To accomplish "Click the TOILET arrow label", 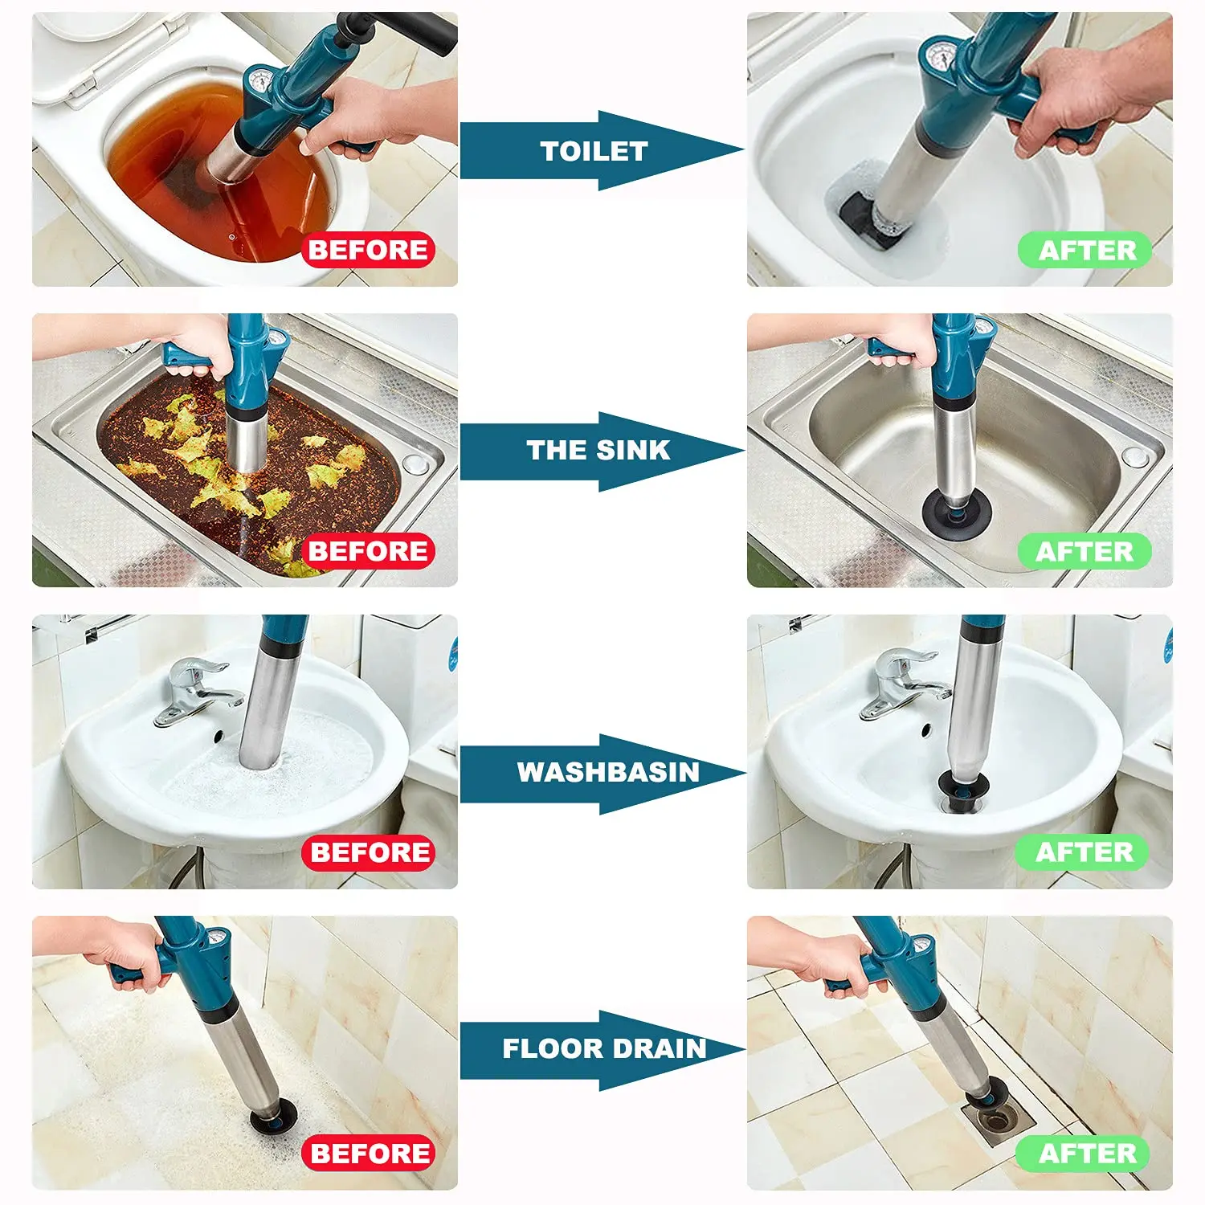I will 594,151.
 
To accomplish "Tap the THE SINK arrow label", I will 598,451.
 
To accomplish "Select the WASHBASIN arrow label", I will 607,772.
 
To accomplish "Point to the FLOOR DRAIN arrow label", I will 604,1048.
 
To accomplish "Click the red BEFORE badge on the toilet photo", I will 368,250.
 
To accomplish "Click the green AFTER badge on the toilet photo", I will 1086,250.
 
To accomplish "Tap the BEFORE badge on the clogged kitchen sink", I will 368,551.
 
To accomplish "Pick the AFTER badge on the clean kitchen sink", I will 1084,552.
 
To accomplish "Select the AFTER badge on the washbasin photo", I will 1083,852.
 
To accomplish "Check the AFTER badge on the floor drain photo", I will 1086,1154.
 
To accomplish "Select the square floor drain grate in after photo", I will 999,1119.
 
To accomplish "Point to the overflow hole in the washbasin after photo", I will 926,730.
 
